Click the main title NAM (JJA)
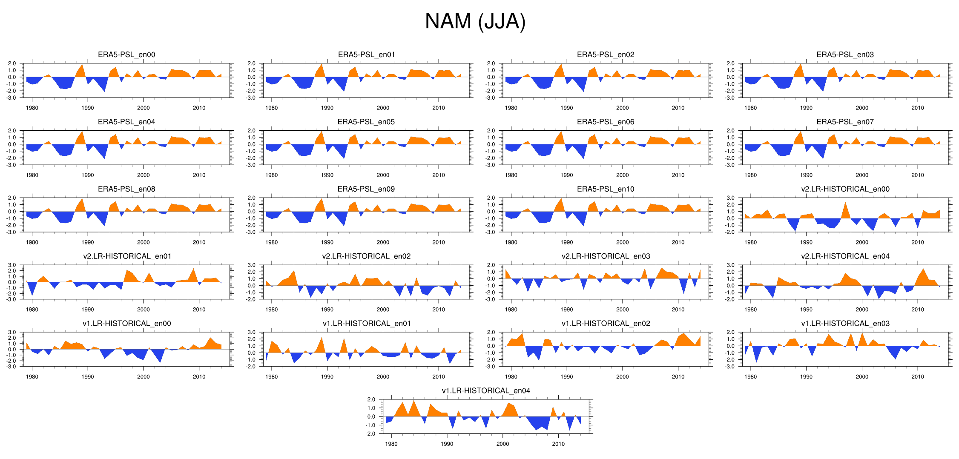click(x=475, y=21)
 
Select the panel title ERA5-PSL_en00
click(x=126, y=55)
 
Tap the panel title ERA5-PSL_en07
click(x=845, y=122)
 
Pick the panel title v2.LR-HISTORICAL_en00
click(x=845, y=189)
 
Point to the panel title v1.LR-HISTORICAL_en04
click(x=486, y=390)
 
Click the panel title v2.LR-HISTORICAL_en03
click(x=606, y=256)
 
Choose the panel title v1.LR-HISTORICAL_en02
click(x=606, y=324)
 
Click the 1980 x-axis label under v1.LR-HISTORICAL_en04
click(x=391, y=444)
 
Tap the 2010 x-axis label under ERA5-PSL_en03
click(x=917, y=108)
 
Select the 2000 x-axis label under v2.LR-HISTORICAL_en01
click(x=143, y=310)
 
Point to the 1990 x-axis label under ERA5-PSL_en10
click(x=566, y=242)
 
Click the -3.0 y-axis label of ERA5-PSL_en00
click(x=12, y=98)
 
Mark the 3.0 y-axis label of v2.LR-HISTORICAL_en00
click(x=730, y=198)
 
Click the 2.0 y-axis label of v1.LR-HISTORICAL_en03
click(x=730, y=332)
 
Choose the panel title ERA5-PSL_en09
click(x=366, y=189)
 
